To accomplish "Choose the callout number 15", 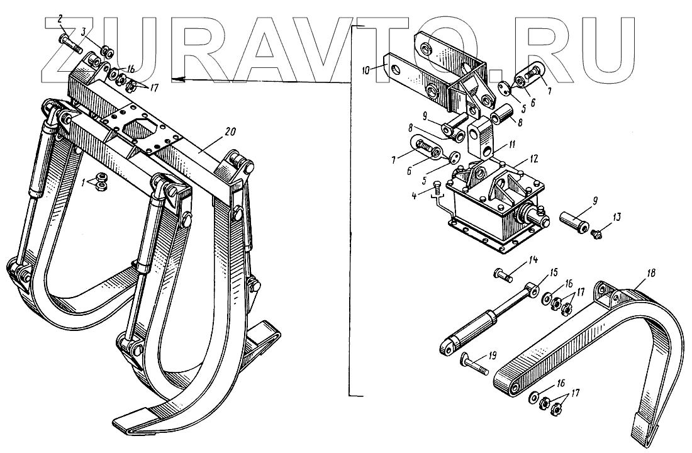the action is tap(554, 273).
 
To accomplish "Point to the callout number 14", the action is tap(533, 259).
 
